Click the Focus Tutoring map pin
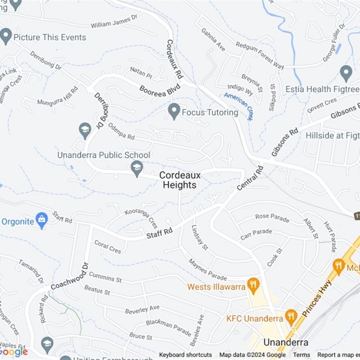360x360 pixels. [174, 111]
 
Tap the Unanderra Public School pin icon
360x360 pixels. [137, 168]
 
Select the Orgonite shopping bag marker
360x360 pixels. [42, 220]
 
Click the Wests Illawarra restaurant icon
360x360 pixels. [254, 285]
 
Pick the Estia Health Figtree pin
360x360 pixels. [346, 73]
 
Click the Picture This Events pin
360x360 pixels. [6, 36]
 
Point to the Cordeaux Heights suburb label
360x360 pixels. [180, 180]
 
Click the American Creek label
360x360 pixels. [238, 106]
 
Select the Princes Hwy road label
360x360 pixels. [318, 298]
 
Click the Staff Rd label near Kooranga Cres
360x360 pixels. [160, 234]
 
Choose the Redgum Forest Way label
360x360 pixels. [260, 56]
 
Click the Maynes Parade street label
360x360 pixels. [207, 269]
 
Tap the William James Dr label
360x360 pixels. [114, 22]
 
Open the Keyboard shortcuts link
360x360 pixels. [185, 355]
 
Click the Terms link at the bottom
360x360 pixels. [301, 355]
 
